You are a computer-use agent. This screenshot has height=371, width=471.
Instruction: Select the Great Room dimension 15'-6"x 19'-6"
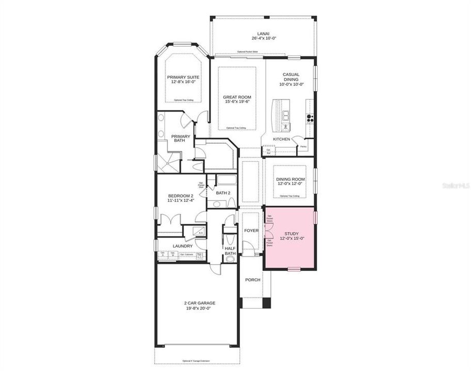click(x=237, y=102)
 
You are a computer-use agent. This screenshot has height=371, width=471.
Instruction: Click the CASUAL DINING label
click(x=291, y=77)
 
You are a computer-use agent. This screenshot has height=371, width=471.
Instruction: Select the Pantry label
click(x=304, y=147)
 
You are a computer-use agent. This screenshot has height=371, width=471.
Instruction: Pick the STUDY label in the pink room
click(x=291, y=233)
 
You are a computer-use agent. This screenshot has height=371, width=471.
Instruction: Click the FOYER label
click(x=251, y=230)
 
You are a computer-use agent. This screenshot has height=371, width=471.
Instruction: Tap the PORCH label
click(x=253, y=280)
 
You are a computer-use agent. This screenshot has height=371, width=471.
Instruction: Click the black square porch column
click(x=266, y=303)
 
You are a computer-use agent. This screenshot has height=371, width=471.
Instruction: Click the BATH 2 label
click(x=223, y=193)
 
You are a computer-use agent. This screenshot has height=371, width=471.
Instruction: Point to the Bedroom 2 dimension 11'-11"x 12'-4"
click(x=181, y=201)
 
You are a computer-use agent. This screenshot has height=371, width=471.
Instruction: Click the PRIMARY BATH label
click(x=181, y=140)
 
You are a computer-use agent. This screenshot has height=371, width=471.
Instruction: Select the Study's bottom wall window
click(x=294, y=269)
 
